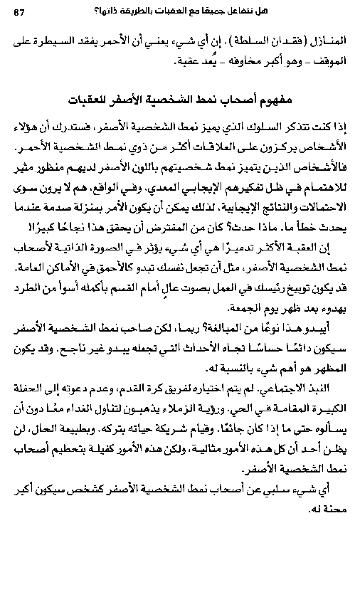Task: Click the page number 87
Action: (x=19, y=10)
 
